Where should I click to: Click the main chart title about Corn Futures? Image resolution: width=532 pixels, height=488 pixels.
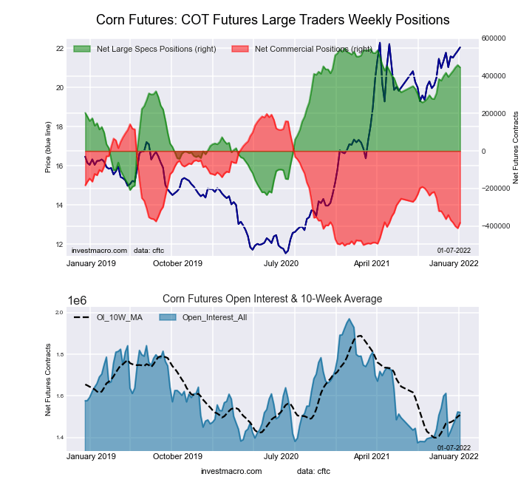273,18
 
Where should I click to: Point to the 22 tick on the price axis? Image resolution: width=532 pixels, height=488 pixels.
58,49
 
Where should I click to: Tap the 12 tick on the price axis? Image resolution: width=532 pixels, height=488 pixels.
58,244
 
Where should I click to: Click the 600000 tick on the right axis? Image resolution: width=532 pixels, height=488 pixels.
494,38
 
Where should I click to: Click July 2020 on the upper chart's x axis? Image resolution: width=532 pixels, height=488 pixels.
281,263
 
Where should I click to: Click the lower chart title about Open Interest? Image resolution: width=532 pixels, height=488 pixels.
273,299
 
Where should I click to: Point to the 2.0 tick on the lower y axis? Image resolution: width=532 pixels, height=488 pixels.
58,313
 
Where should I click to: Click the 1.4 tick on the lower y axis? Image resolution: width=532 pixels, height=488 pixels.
58,438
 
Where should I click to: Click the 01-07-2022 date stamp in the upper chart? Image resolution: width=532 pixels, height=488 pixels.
454,251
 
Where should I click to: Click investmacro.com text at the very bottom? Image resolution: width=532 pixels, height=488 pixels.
231,471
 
